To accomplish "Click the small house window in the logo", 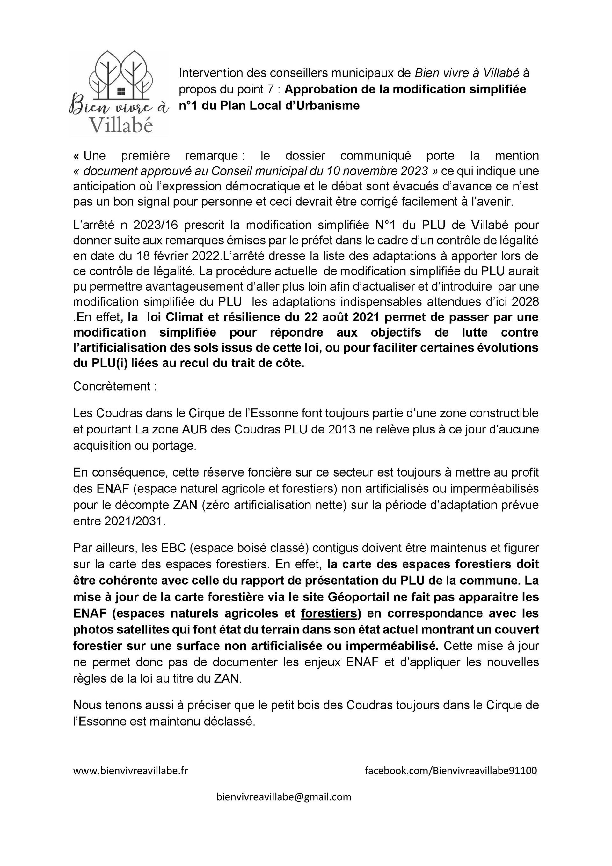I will click(121, 91).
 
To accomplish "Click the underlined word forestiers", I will click(329, 613).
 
